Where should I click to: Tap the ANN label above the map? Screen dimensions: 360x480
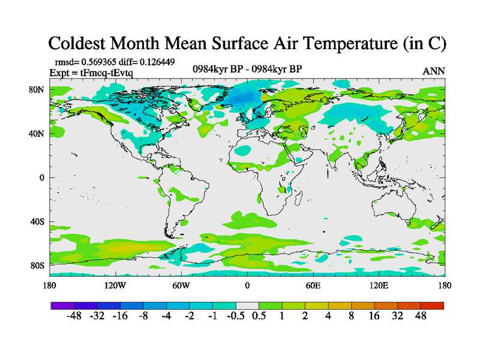pyautogui.click(x=433, y=71)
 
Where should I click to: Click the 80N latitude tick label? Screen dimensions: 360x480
pyautogui.click(x=37, y=90)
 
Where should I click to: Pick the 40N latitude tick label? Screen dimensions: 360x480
pyautogui.click(x=37, y=134)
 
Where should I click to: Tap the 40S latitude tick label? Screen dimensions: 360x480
pyautogui.click(x=37, y=221)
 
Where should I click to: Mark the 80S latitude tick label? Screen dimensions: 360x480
pyautogui.click(x=37, y=265)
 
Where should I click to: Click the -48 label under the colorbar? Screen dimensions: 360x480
pyautogui.click(x=74, y=316)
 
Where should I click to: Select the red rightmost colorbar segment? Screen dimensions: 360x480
pyautogui.click(x=432, y=305)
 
